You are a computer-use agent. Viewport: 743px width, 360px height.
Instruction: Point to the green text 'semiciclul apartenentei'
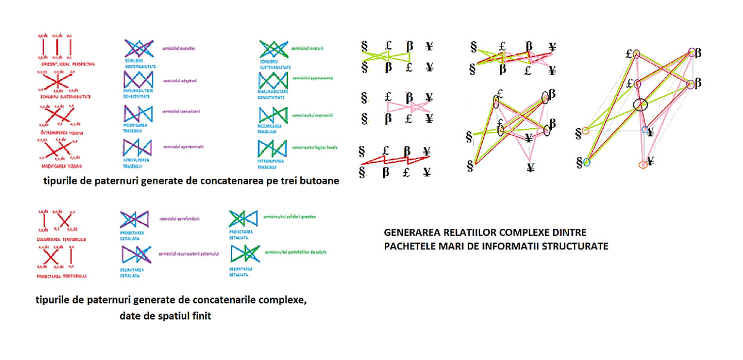[x=313, y=78]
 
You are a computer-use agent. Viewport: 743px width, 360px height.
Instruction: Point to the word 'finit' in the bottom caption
[x=198, y=316]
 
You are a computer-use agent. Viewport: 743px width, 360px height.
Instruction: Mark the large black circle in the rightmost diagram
[x=639, y=105]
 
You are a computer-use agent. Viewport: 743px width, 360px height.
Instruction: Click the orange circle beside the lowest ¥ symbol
[x=642, y=164]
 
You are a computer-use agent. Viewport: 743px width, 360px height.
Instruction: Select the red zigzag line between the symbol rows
[x=393, y=159]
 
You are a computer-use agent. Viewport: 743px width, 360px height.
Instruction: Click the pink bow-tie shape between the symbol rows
[x=399, y=107]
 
